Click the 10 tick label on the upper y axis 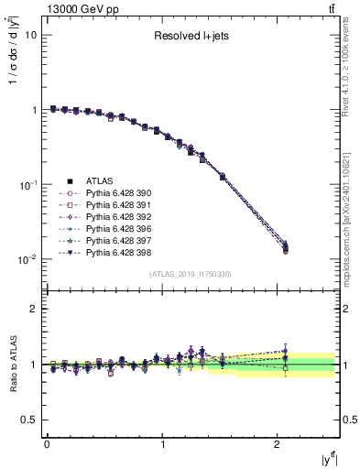tap(30, 35)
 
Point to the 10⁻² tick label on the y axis tap(27, 259)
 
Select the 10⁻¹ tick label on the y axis tap(27, 184)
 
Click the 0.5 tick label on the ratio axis tap(29, 420)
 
